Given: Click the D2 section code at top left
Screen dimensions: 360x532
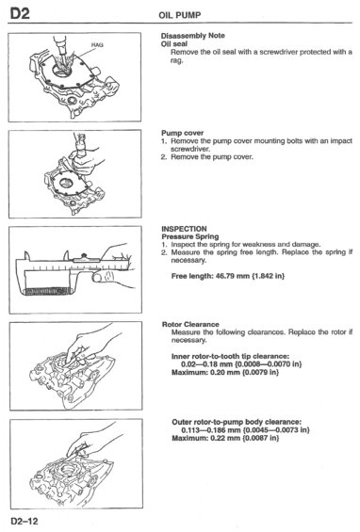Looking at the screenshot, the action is point(20,13).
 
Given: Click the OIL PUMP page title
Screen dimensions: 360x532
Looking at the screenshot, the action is point(180,15).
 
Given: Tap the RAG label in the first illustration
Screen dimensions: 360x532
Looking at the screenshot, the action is point(97,45).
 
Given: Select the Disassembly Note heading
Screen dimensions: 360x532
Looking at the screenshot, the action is point(192,36).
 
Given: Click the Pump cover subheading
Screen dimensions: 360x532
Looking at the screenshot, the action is point(183,133).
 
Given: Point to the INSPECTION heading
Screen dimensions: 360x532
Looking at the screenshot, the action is point(184,229).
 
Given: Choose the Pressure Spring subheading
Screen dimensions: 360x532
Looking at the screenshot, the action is point(190,236).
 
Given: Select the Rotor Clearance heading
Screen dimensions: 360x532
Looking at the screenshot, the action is point(190,324).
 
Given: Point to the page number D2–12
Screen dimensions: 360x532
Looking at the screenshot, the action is point(25,521).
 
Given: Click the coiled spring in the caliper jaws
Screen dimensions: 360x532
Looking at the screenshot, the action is point(48,292).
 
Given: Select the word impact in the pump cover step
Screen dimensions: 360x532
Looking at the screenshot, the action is point(341,141).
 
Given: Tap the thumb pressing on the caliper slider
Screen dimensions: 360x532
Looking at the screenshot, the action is point(98,278).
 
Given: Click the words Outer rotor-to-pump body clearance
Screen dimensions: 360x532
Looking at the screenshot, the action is point(237,422).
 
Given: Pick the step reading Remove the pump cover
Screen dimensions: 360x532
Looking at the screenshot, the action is point(212,157).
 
